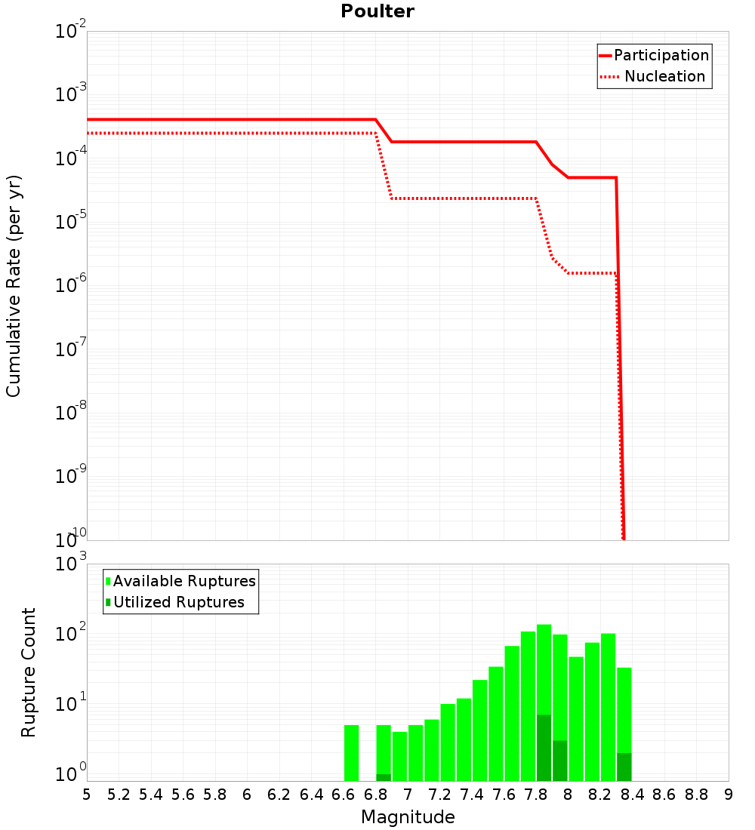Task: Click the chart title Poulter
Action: coord(377,11)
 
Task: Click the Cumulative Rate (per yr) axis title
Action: coord(14,286)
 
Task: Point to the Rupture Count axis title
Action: coord(29,672)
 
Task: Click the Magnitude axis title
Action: coord(408,817)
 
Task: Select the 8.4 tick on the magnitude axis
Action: coord(633,795)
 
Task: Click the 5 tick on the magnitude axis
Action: coord(87,795)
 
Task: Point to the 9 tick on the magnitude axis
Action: coord(729,795)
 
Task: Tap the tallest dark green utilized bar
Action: coord(544,748)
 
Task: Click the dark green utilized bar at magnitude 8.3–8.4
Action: coord(624,767)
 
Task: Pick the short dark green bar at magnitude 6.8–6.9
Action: coord(384,777)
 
